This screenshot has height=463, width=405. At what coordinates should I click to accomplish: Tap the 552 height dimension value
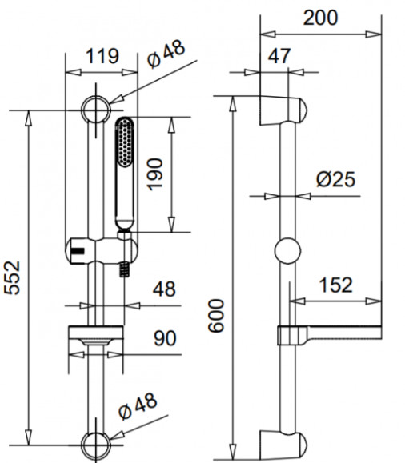(12, 277)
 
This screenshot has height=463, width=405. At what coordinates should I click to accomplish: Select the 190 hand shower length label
(155, 174)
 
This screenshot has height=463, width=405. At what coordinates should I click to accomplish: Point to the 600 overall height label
(216, 316)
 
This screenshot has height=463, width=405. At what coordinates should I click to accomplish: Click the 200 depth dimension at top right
(320, 18)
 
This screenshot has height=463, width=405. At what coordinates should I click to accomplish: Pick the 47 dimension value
(279, 55)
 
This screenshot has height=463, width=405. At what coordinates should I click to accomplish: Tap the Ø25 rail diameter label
(335, 179)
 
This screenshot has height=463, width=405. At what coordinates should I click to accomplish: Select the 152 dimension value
(336, 285)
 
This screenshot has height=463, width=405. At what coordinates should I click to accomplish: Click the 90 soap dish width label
(165, 338)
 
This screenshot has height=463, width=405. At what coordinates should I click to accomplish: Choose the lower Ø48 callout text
(138, 406)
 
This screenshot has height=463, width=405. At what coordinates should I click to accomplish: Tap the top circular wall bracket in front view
(96, 110)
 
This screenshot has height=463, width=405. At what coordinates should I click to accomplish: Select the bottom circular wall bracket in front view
(96, 445)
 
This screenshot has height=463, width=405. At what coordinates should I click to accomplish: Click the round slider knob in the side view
(287, 251)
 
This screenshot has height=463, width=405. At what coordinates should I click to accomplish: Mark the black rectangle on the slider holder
(78, 251)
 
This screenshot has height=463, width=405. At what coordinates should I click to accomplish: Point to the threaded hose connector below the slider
(124, 269)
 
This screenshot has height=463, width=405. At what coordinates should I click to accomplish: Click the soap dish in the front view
(96, 335)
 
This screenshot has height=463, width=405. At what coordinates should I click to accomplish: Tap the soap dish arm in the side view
(330, 335)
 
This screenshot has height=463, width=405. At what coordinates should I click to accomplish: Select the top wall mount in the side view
(283, 110)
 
